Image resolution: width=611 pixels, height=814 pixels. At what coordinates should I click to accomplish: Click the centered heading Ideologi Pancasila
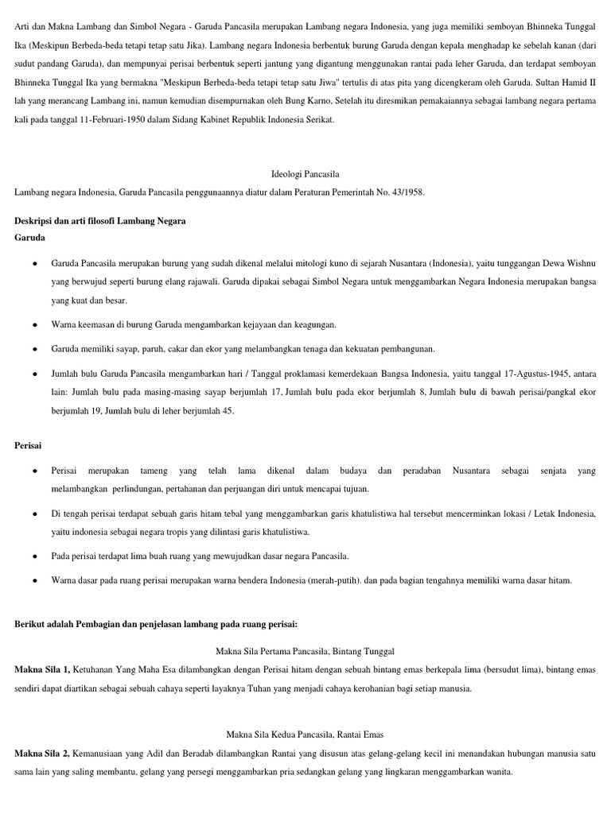coord(306,173)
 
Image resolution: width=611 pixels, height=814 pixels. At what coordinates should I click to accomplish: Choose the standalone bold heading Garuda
coord(29,237)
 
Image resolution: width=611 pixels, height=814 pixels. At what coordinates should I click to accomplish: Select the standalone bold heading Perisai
coord(28,447)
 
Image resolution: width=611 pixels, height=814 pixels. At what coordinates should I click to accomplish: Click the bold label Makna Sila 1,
coord(42,670)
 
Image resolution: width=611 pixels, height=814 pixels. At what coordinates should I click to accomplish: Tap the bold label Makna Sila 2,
coord(42,753)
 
